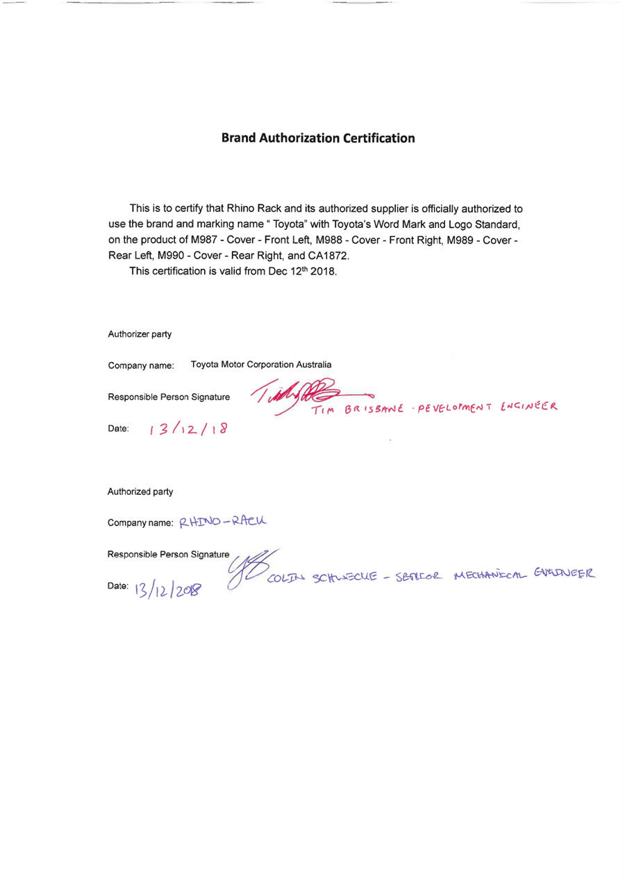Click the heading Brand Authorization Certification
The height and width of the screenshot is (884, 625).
pyautogui.click(x=318, y=138)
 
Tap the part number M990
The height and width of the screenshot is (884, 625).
pyautogui.click(x=172, y=255)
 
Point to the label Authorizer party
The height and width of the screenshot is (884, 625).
pyautogui.click(x=140, y=334)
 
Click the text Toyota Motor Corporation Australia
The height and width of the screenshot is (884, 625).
pyautogui.click(x=261, y=364)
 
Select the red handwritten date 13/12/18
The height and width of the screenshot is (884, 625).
pyautogui.click(x=187, y=429)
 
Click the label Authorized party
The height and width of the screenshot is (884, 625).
pyautogui.click(x=140, y=491)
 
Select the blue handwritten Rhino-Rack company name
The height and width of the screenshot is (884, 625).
pyautogui.click(x=223, y=521)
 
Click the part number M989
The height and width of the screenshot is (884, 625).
pyautogui.click(x=467, y=240)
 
